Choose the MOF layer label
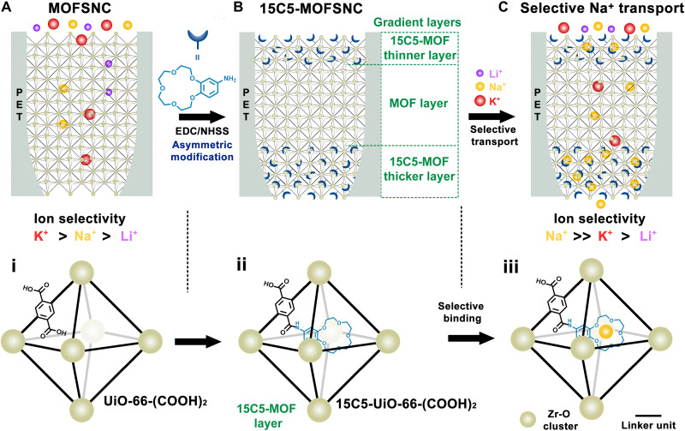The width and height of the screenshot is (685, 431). click(x=423, y=107)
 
